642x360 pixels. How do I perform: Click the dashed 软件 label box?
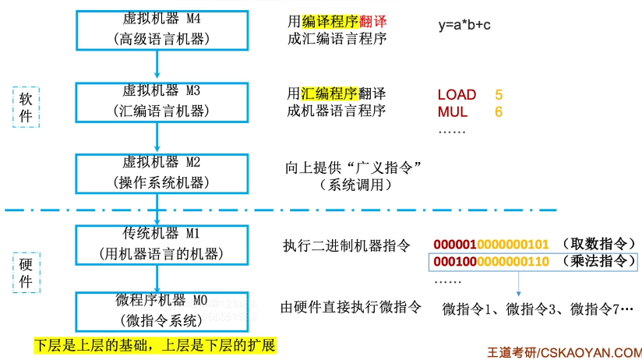pyautogui.click(x=25, y=106)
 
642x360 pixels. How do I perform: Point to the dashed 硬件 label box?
pyautogui.click(x=25, y=273)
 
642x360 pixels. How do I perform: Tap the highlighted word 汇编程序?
pyautogui.click(x=330, y=94)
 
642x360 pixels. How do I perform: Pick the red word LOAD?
pyautogui.click(x=457, y=95)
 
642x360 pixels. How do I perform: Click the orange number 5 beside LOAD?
pyautogui.click(x=499, y=95)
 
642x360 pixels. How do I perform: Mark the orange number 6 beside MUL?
pyautogui.click(x=499, y=112)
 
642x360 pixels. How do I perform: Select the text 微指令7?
pyautogui.click(x=595, y=309)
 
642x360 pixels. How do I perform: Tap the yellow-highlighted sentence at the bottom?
pyautogui.click(x=155, y=344)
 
